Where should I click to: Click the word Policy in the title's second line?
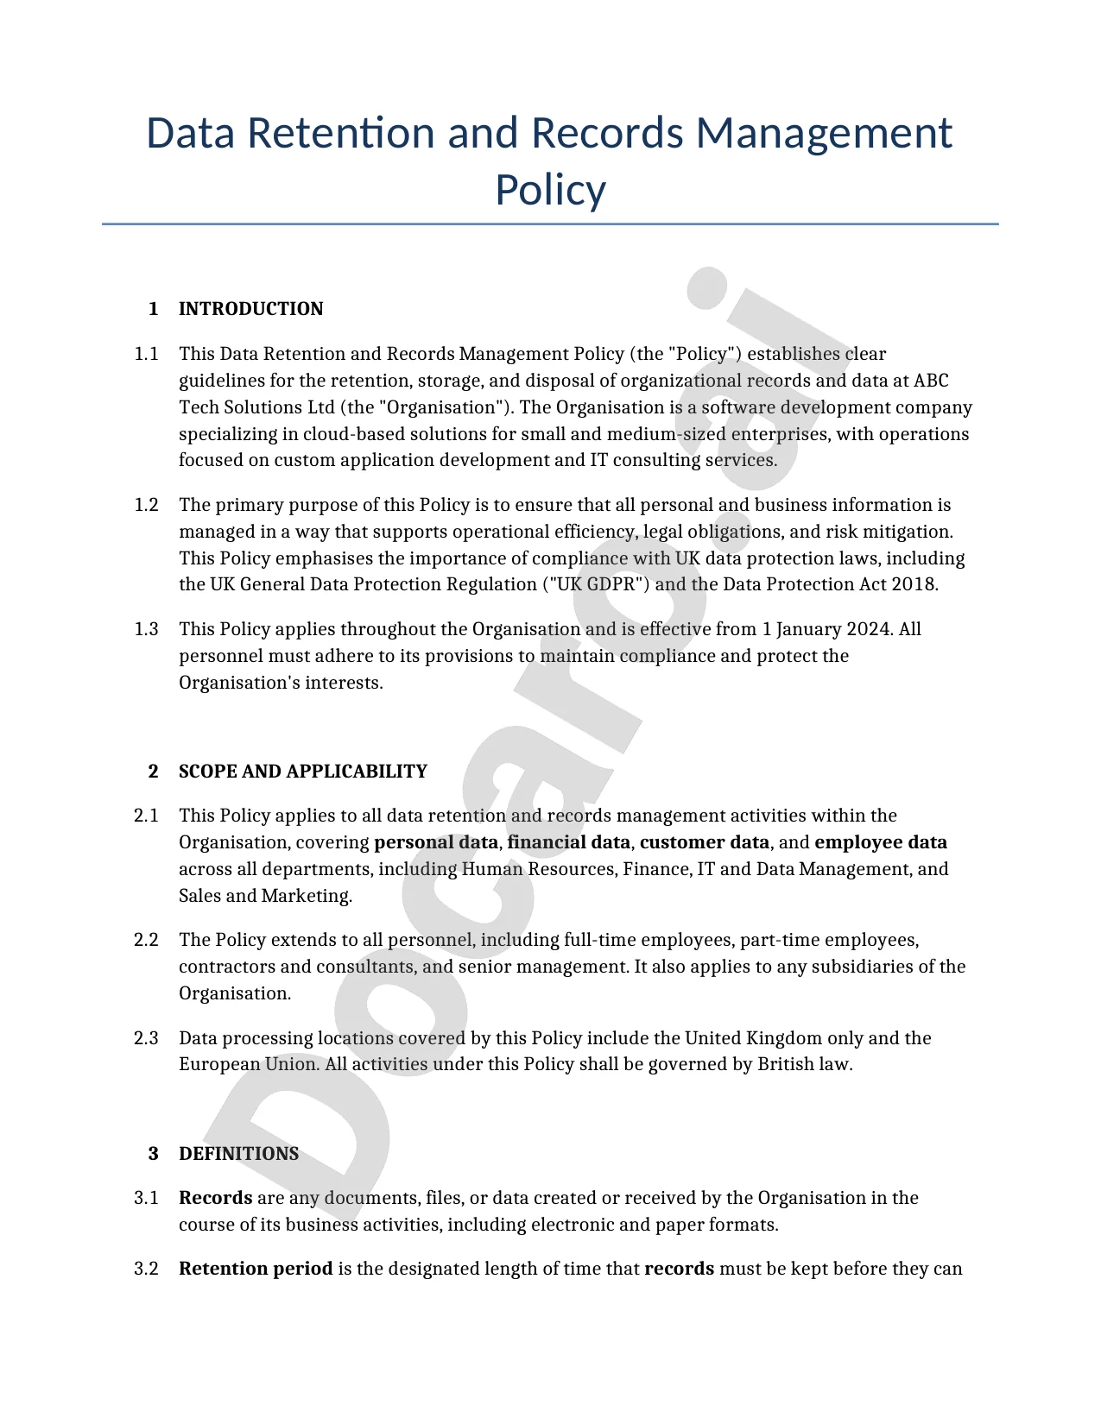click(550, 190)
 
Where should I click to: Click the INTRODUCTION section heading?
click(250, 309)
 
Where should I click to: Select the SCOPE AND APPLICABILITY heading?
click(302, 772)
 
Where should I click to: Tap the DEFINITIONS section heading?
click(238, 1154)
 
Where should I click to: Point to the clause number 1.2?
click(146, 505)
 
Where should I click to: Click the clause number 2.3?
click(146, 1038)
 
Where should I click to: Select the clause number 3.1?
click(146, 1198)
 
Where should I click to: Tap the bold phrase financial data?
click(568, 842)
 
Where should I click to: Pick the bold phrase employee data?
click(880, 842)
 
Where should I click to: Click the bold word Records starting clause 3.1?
click(215, 1198)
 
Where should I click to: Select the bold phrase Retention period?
click(256, 1269)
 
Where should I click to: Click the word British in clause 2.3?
click(786, 1064)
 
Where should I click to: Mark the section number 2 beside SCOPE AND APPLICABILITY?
click(153, 772)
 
